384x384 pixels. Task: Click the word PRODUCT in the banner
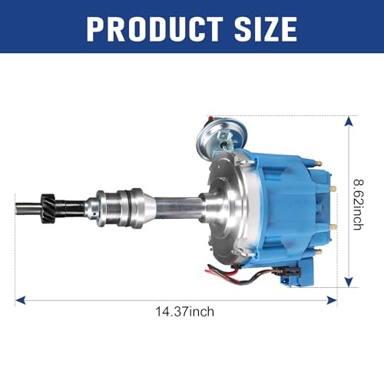[154, 28]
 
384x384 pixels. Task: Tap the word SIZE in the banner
[266, 28]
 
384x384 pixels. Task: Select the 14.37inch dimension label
[184, 312]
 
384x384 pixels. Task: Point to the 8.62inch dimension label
[359, 204]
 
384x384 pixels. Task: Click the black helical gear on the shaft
[48, 208]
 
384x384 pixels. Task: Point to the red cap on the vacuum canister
[210, 118]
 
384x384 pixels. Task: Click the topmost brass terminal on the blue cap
[319, 163]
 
